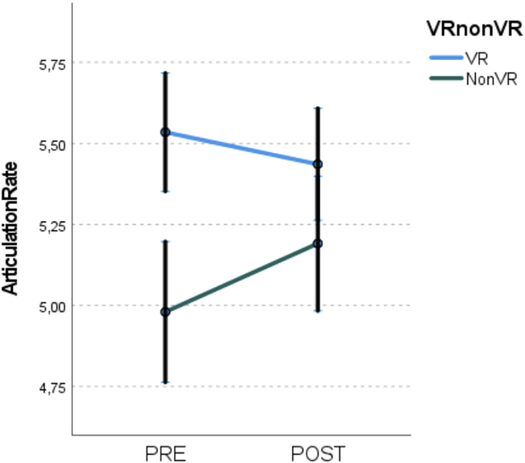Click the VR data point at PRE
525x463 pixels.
tap(165, 133)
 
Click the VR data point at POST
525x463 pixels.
tap(317, 164)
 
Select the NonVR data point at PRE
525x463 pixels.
tap(165, 311)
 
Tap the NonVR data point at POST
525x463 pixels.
tap(317, 244)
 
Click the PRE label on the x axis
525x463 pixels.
tap(165, 454)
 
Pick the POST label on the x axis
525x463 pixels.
tap(317, 454)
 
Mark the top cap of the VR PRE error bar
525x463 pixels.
tap(165, 72)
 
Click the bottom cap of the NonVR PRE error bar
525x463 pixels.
tap(165, 382)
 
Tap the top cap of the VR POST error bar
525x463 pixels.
tap(317, 108)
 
